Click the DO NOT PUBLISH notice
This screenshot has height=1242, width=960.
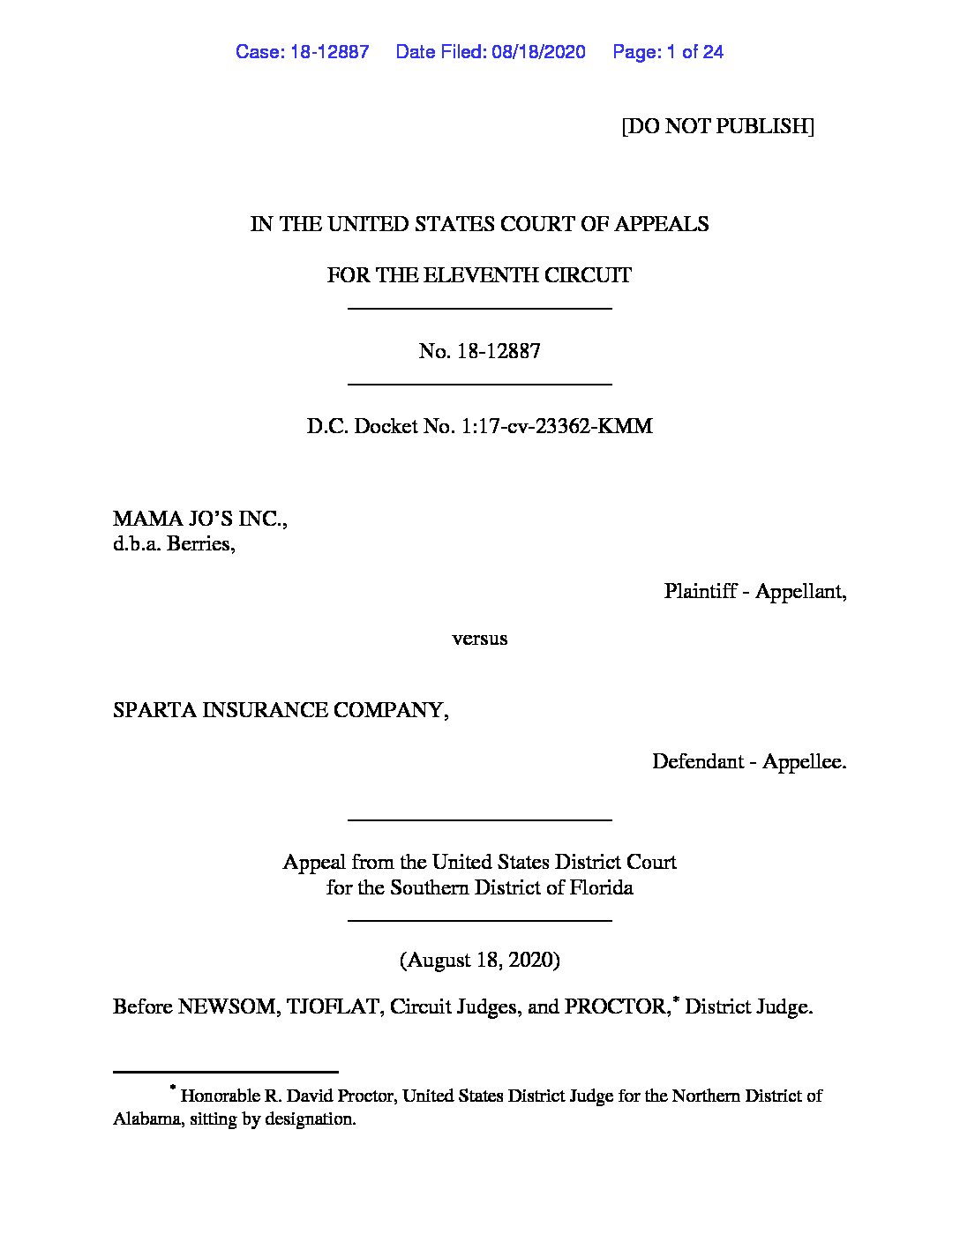(717, 126)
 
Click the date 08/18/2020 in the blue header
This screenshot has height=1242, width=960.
(538, 52)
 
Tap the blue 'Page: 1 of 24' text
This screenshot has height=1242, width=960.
(668, 52)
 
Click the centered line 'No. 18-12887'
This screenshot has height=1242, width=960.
(479, 351)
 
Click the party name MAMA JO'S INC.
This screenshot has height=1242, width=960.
(199, 519)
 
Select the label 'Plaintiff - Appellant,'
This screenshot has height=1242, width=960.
(755, 591)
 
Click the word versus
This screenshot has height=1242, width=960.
(479, 639)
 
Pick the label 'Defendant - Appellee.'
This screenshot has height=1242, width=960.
(749, 761)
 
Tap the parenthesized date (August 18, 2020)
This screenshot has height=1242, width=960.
(479, 960)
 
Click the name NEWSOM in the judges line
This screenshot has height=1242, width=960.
(228, 1007)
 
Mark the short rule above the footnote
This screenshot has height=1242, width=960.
(226, 1072)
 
